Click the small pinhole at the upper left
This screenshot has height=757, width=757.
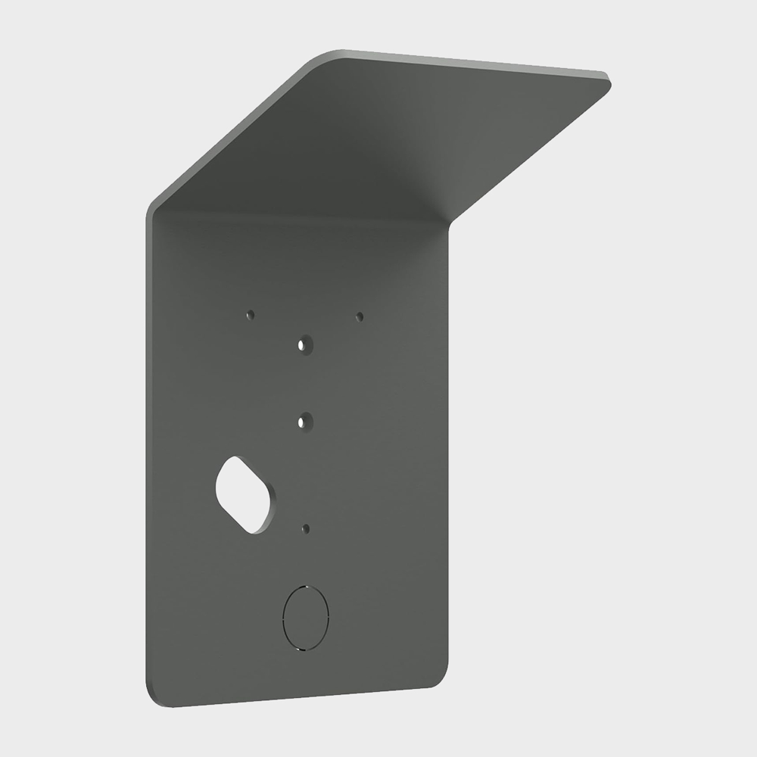(251, 314)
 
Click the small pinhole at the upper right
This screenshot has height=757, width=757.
(360, 316)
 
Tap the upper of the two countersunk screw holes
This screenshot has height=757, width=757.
(305, 344)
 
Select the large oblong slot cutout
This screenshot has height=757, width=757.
(245, 494)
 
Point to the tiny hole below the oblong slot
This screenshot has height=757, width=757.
(306, 528)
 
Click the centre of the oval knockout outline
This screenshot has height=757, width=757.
(305, 618)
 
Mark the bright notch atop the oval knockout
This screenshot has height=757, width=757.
(304, 586)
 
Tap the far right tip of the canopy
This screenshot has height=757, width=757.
(609, 79)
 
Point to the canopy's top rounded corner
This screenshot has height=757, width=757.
(333, 54)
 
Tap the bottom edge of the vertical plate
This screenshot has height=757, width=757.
(295, 698)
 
